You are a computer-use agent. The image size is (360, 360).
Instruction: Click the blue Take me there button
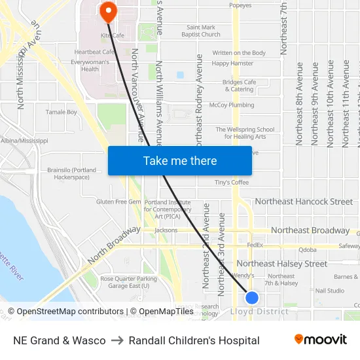pos(180,160)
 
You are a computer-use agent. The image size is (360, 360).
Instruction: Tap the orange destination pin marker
pos(107,11)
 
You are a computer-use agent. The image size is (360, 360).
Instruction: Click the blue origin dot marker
pos(252,298)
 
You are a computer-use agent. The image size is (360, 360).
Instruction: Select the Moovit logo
pos(321,340)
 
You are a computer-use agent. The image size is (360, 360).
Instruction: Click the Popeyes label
pos(240,5)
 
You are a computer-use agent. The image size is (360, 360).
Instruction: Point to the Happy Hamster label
pos(232,63)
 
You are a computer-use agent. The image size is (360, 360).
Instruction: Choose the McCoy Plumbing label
pos(232,105)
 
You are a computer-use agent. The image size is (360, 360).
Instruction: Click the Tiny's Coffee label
pos(232,182)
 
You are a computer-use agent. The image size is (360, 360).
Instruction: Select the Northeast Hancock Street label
pos(303,202)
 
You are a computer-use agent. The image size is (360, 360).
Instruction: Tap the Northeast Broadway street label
pos(310,230)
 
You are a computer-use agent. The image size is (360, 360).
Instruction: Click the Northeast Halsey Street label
pos(281,264)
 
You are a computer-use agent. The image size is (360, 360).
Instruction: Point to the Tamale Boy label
pos(62,112)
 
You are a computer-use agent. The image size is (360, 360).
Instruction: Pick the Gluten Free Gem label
pos(118,202)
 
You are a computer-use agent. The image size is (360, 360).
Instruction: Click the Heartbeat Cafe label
pos(94,52)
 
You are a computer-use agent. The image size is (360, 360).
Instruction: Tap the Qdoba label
pos(307,249)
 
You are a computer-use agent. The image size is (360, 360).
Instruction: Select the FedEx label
pos(255,245)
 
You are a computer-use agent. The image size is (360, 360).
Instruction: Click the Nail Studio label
pos(329,291)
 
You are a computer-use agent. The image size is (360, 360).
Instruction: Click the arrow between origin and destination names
pos(117,340)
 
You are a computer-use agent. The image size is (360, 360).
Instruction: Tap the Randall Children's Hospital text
pos(194,340)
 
